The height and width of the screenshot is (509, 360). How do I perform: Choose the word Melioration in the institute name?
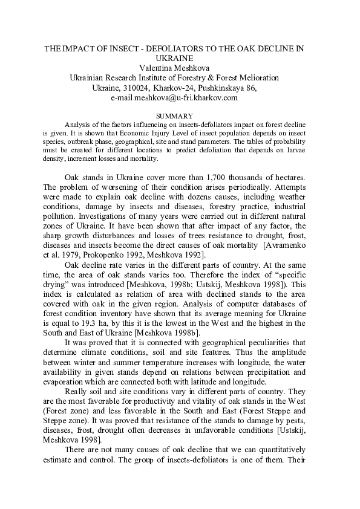point(255,78)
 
